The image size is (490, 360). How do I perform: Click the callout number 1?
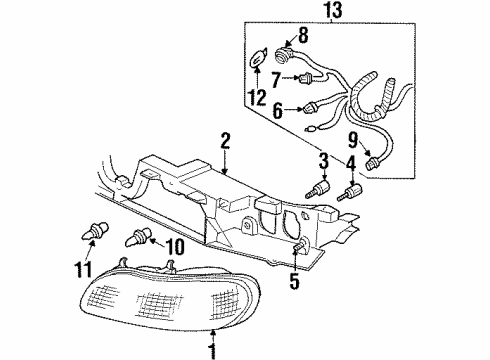point(212,350)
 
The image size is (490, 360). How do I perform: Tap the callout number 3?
point(323,160)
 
